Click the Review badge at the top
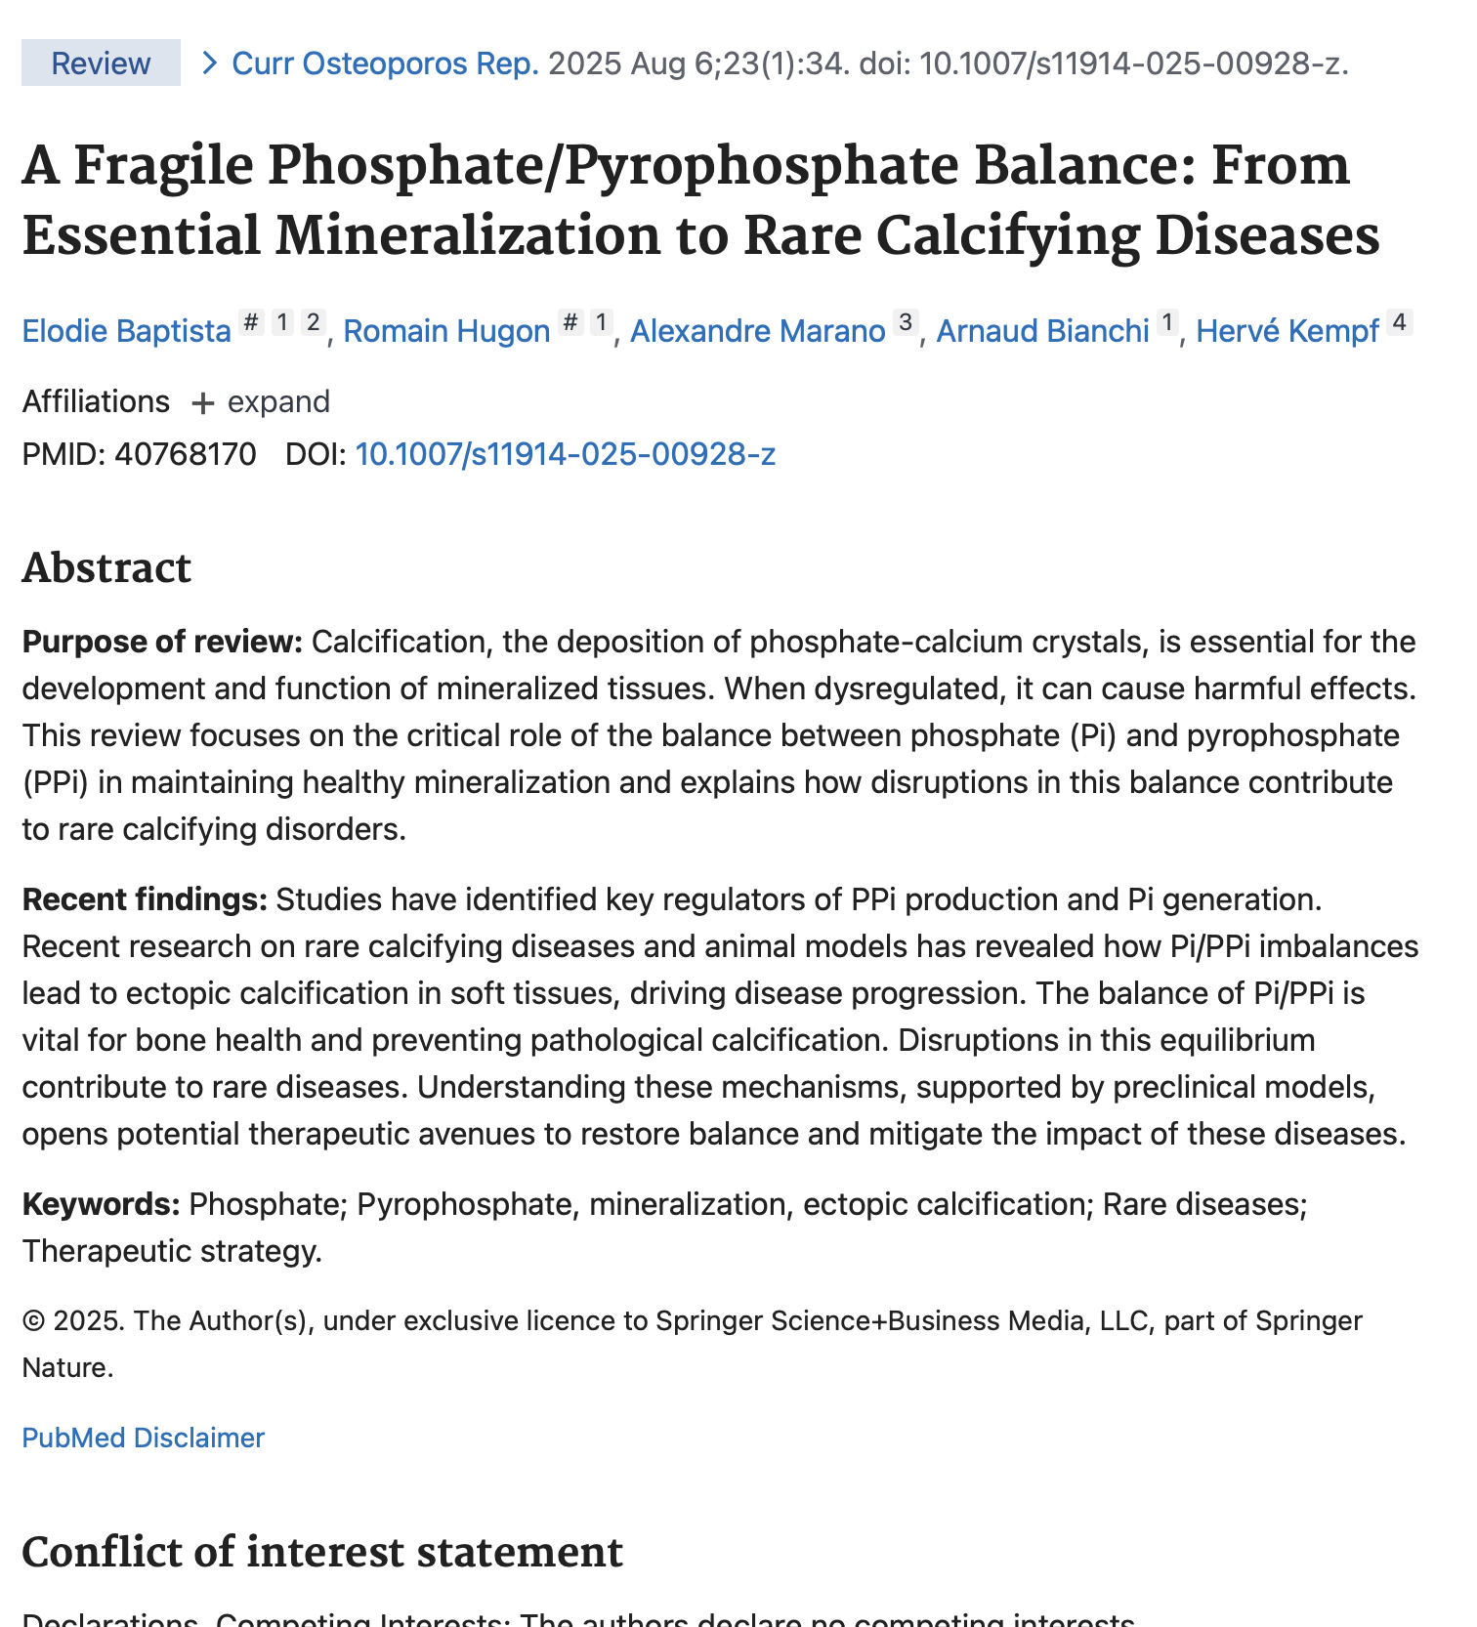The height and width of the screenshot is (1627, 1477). pyautogui.click(x=101, y=63)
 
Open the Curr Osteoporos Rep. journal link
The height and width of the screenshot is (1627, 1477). pyautogui.click(x=385, y=63)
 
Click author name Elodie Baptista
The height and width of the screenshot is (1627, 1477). pyautogui.click(x=126, y=331)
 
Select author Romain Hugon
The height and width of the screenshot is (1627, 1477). pyautogui.click(x=446, y=331)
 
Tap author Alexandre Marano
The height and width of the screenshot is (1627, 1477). pyautogui.click(x=757, y=331)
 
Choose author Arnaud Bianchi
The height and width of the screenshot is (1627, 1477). pyautogui.click(x=1042, y=331)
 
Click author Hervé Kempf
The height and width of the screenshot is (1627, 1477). pyautogui.click(x=1287, y=331)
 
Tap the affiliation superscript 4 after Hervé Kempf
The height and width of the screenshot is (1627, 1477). pyautogui.click(x=1400, y=321)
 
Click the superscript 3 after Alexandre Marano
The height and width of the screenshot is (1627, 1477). pyautogui.click(x=906, y=321)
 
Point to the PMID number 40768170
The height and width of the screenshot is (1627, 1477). pyautogui.click(x=185, y=454)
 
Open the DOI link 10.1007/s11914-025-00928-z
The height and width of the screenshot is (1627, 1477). pyautogui.click(x=565, y=454)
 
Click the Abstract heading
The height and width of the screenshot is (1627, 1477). pyautogui.click(x=106, y=567)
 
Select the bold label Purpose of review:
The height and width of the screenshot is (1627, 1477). pyautogui.click(x=162, y=642)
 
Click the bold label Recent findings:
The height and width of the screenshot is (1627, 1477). pyautogui.click(x=145, y=899)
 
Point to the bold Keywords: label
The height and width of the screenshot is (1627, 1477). pyautogui.click(x=101, y=1204)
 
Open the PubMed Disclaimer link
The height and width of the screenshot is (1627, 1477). pyautogui.click(x=143, y=1438)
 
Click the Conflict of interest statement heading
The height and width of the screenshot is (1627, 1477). pyautogui.click(x=321, y=1552)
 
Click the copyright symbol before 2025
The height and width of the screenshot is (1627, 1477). pyautogui.click(x=33, y=1321)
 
